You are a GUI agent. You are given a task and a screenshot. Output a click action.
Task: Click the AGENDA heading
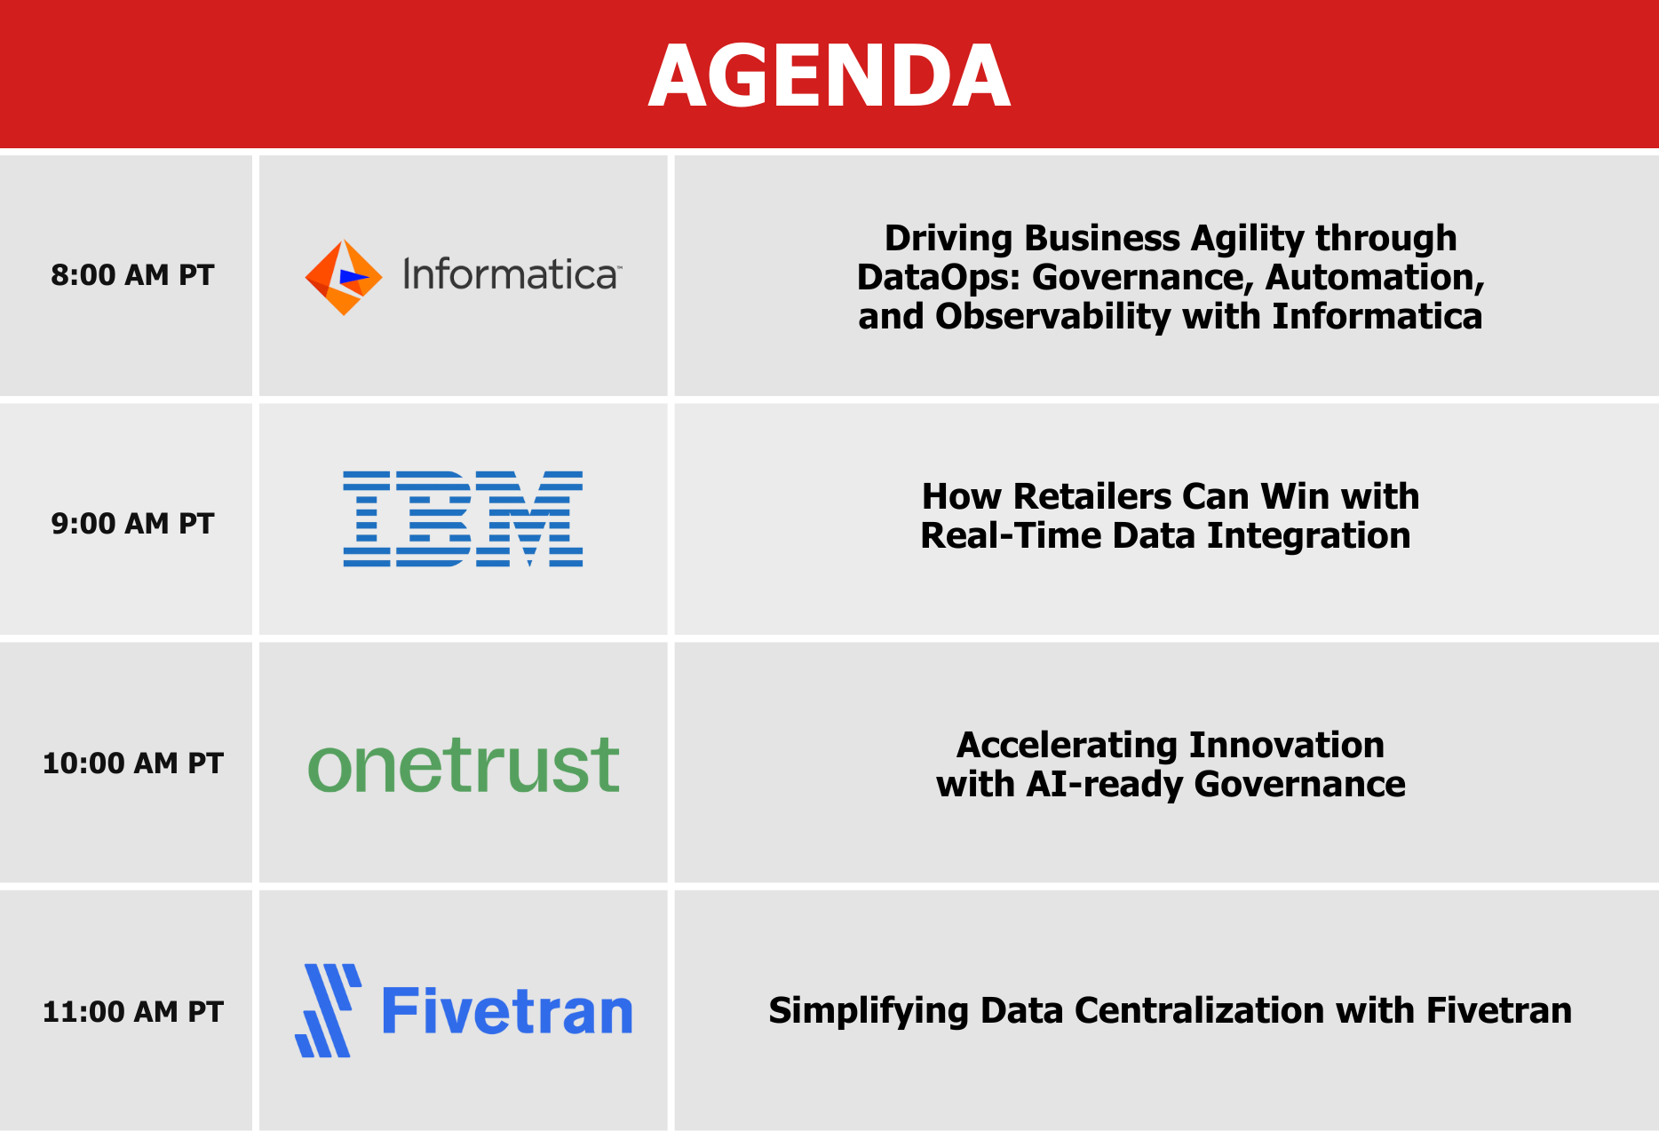pos(829,76)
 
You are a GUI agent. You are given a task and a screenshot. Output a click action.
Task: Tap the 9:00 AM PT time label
pos(132,524)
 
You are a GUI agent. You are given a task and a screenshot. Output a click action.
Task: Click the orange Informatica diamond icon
pos(344,277)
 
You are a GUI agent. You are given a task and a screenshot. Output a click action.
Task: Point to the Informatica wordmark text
pos(512,274)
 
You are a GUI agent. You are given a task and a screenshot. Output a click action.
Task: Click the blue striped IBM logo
pos(463,518)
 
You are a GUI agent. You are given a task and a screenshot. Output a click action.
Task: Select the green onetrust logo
pos(463,764)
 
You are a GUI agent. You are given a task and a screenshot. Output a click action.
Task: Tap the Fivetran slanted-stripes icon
pos(329,1010)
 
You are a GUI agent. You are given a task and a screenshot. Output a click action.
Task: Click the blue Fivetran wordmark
pos(507,1011)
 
